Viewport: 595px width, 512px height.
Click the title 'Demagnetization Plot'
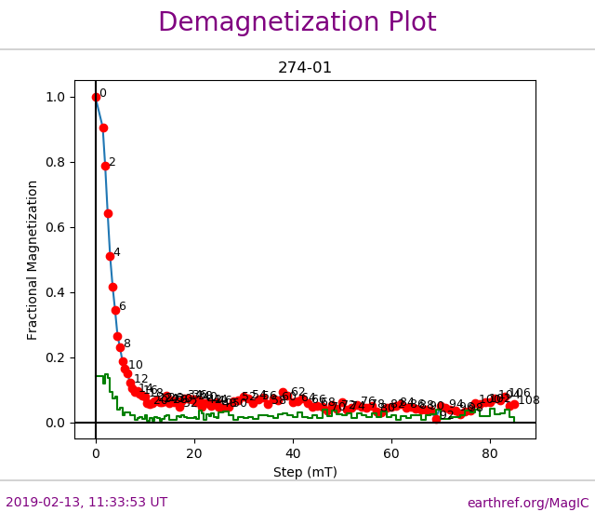[297, 22]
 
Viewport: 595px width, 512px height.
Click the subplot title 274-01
[305, 68]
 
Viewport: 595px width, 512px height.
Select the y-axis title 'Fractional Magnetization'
[33, 260]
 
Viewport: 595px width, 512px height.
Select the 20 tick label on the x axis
[194, 453]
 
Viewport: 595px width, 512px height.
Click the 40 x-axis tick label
[293, 453]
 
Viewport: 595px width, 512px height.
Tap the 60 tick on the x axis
[391, 453]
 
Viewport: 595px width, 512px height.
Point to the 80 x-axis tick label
[490, 453]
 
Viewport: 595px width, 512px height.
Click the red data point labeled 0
[96, 97]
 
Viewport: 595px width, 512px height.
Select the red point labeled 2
[105, 166]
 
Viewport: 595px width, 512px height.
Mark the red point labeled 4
[110, 256]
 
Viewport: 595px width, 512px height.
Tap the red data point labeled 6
[115, 310]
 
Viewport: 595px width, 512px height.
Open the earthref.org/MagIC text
[528, 503]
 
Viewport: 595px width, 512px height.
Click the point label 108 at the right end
[529, 400]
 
